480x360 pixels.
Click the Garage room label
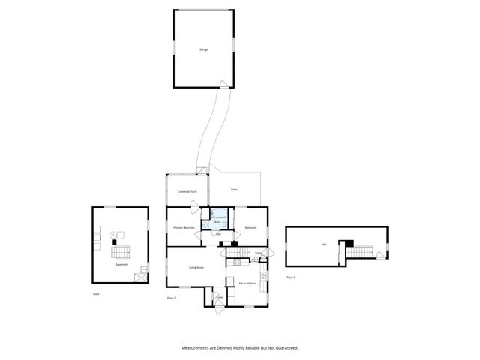203,49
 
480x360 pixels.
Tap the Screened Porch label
187,192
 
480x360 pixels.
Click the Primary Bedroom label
184,227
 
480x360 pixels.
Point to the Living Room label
196,267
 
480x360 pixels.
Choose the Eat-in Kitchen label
247,283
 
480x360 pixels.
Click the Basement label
121,265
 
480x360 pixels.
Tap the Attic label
324,244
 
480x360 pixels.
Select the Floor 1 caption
96,294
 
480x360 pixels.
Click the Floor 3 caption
290,277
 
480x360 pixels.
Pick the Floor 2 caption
171,298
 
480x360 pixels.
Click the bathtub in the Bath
217,214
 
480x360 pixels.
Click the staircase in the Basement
121,251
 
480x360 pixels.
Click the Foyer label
220,298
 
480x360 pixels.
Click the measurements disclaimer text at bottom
240,347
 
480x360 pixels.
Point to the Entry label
259,253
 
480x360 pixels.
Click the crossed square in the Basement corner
139,277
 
